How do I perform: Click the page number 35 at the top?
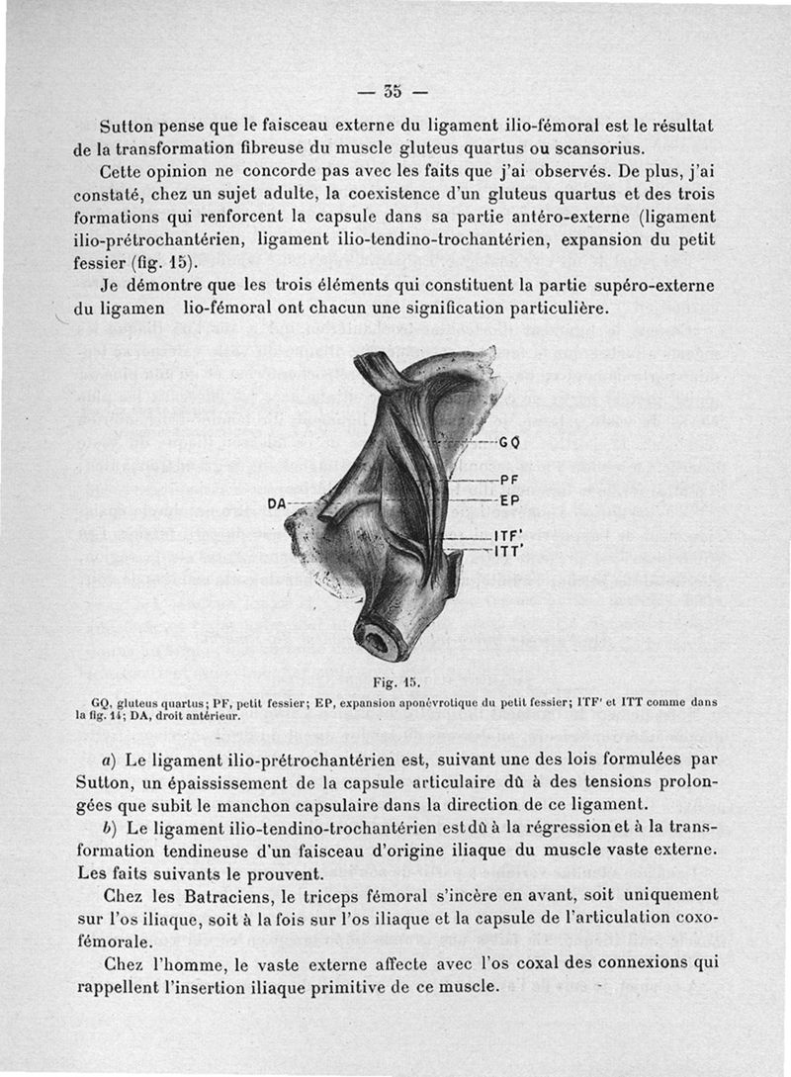(392, 94)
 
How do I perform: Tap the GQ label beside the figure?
(510, 442)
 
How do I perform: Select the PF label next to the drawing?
(510, 481)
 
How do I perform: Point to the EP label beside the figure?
(510, 501)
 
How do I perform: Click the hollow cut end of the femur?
(378, 641)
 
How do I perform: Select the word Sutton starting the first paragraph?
(127, 128)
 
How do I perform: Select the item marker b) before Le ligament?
(107, 828)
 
